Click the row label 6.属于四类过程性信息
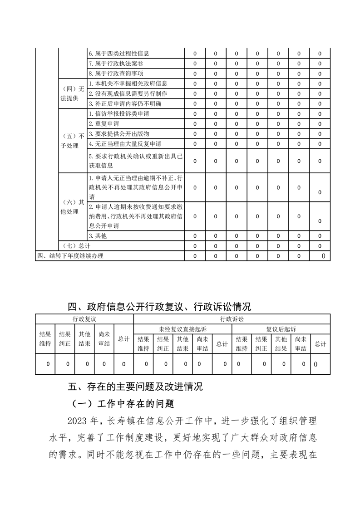coord(119,54)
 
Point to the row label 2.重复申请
coord(104,123)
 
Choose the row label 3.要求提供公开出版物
coord(119,134)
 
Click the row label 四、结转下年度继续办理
coord(70,256)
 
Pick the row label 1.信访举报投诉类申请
coord(119,113)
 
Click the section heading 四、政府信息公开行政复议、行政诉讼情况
coord(159,307)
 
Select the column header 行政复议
coord(84,319)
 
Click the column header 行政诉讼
coord(232,319)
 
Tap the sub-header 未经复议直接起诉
coord(182,329)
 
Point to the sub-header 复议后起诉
coord(281,329)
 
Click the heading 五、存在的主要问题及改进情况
coord(135,387)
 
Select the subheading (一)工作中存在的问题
coord(123,403)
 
